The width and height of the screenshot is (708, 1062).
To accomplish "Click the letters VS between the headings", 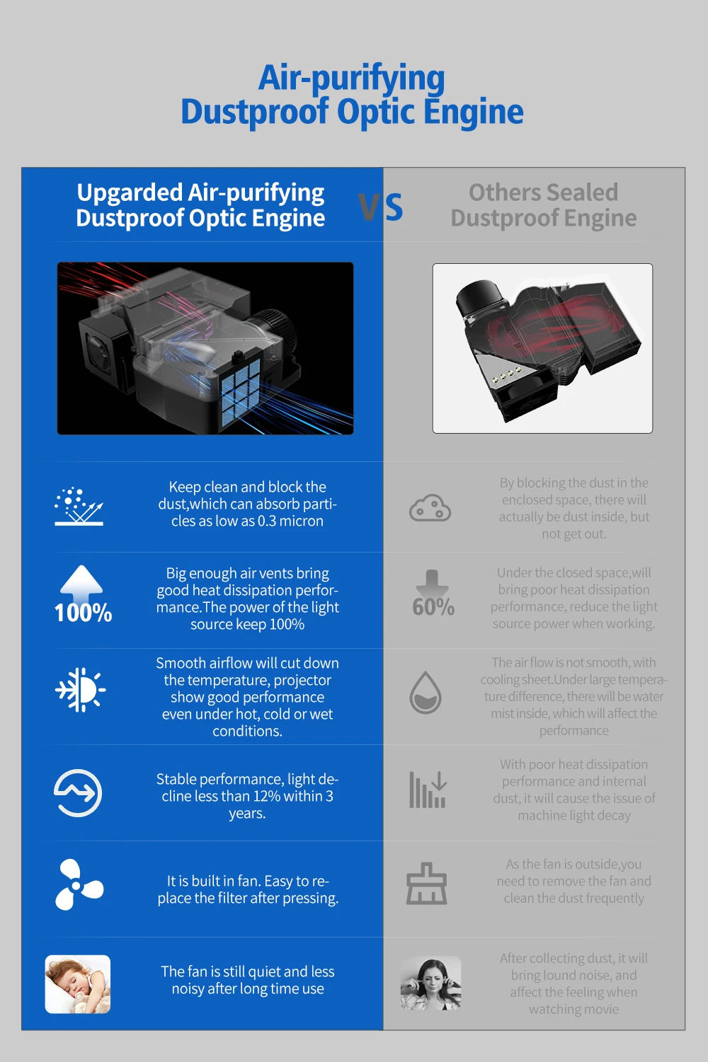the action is point(381,207).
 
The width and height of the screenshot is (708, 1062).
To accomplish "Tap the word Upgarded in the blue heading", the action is point(130,192).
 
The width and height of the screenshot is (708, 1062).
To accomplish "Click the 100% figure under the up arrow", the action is point(83,613).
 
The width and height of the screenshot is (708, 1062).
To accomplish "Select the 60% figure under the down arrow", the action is point(433,607).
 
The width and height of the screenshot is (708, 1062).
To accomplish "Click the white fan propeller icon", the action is point(78,884).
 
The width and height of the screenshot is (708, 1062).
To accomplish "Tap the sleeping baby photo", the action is point(78,984).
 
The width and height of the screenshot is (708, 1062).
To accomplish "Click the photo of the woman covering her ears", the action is point(430,984).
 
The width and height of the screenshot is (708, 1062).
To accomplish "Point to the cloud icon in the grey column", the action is point(430,508).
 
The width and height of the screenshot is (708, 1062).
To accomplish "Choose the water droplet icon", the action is point(426,692).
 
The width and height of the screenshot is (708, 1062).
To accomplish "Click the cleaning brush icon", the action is point(426,884).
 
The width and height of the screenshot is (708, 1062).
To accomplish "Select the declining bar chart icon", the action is point(428,790).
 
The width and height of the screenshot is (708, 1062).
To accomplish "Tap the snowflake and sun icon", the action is point(80,689).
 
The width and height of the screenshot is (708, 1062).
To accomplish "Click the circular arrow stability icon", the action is point(78,792).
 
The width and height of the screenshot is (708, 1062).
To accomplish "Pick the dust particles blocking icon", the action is point(79,506).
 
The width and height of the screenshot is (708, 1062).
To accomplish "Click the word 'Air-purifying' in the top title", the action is point(352,78).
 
